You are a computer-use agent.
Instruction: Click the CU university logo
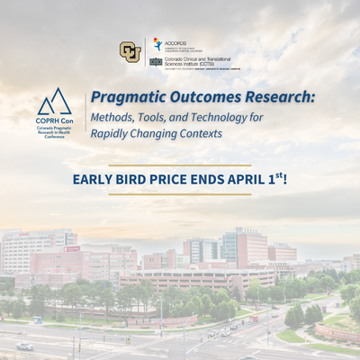click(x=130, y=51)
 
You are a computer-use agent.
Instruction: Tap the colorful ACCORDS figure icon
click(x=158, y=43)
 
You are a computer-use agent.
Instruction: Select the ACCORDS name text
click(x=176, y=40)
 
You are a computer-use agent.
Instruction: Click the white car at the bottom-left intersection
click(x=24, y=346)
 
